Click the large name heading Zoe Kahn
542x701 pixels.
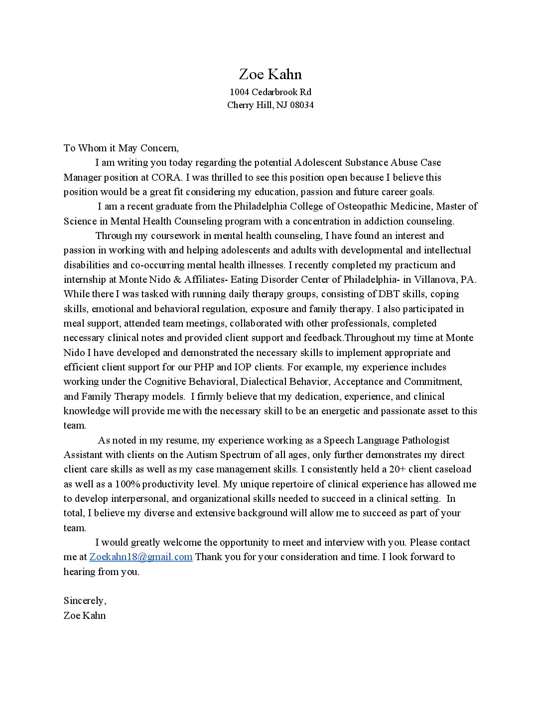[271, 74]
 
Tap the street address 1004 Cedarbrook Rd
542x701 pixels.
[271, 92]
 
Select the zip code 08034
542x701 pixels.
[301, 105]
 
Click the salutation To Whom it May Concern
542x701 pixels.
[121, 148]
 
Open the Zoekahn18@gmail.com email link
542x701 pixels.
[141, 557]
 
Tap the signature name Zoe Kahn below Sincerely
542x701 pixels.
[85, 615]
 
